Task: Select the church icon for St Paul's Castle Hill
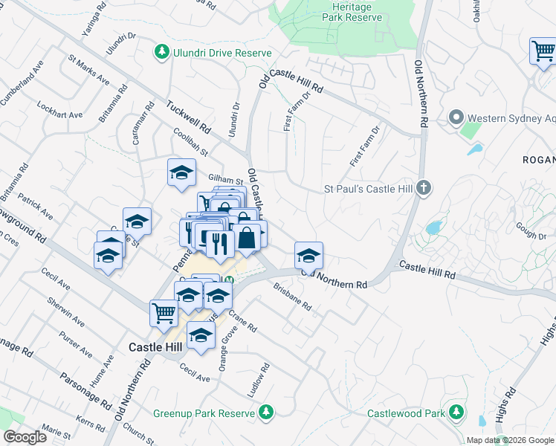(x=424, y=188)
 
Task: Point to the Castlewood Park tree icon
(x=456, y=413)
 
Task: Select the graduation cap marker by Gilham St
(x=181, y=173)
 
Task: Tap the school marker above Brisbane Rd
(x=308, y=256)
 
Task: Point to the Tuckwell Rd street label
(x=190, y=119)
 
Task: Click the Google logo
(x=25, y=436)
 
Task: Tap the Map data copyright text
(x=508, y=440)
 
